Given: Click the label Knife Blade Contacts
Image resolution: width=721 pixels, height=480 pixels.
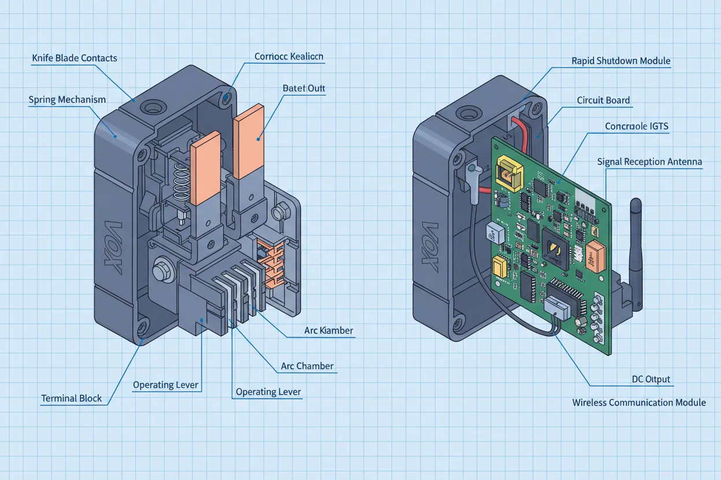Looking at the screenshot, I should pyautogui.click(x=75, y=58).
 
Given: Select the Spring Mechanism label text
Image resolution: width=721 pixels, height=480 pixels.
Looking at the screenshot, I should pyautogui.click(x=67, y=100).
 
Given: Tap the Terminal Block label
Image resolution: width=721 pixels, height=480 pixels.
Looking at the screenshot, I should pyautogui.click(x=72, y=399).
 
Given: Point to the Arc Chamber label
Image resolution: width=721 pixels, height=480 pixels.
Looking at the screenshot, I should pyautogui.click(x=307, y=366).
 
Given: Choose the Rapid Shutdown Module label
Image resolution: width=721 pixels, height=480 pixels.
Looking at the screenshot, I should pyautogui.click(x=620, y=61).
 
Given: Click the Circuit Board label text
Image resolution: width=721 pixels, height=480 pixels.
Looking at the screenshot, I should pyautogui.click(x=603, y=100).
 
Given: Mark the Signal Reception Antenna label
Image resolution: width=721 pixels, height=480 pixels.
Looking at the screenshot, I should pyautogui.click(x=649, y=162).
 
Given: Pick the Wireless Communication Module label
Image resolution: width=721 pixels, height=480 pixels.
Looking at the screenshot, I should pyautogui.click(x=639, y=403).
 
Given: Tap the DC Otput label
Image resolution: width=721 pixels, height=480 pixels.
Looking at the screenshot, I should pyautogui.click(x=651, y=380).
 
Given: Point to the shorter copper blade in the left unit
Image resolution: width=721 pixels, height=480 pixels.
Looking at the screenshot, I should pyautogui.click(x=205, y=167).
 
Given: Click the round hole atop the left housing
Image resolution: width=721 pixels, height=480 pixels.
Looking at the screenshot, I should pyautogui.click(x=153, y=107).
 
